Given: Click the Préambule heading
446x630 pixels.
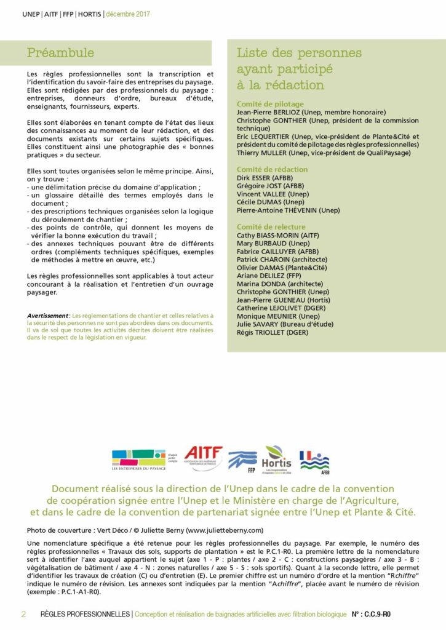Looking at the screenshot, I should click(60, 52).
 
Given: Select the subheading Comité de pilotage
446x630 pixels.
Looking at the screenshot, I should click(270, 104).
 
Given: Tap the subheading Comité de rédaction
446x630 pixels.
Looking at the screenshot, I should click(272, 169).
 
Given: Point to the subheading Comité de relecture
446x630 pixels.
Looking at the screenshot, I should click(271, 226).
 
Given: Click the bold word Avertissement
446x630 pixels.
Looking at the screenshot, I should click(49, 315).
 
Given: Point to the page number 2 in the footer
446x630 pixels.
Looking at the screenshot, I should click(23, 614).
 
